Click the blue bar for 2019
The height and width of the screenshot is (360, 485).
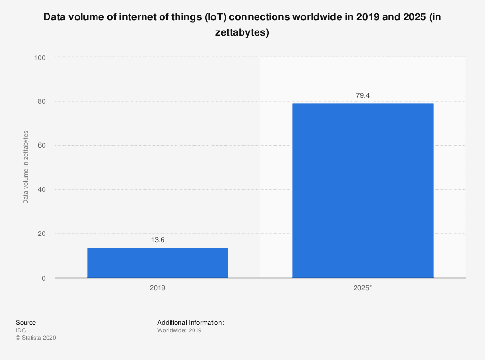click(158, 263)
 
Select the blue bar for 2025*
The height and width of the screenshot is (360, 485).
click(362, 190)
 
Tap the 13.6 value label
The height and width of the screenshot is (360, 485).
click(158, 240)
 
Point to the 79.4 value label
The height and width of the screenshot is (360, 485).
click(363, 95)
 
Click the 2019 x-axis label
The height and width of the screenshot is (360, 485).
click(158, 288)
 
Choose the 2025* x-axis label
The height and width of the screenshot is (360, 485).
click(363, 288)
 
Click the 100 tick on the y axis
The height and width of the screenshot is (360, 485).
click(39, 58)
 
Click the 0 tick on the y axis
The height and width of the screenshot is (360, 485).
click(44, 278)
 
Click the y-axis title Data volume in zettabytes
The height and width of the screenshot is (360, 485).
click(26, 167)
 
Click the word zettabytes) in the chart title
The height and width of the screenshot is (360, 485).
click(242, 33)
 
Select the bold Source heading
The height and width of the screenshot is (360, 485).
click(26, 322)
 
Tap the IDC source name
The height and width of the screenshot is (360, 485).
click(21, 330)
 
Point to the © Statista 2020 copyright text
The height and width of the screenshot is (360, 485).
click(36, 338)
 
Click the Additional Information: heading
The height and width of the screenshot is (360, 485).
click(190, 322)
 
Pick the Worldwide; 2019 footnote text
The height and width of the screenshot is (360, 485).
click(179, 330)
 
